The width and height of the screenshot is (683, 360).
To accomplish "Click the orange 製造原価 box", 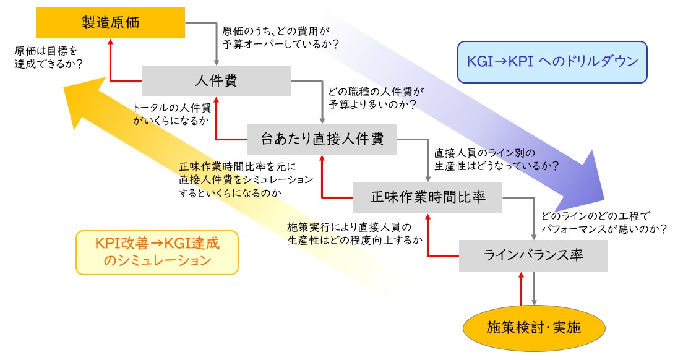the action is click(x=110, y=23).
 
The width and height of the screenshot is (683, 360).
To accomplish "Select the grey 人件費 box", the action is click(x=216, y=81).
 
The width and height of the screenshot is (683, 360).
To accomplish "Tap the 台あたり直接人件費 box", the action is click(x=322, y=139).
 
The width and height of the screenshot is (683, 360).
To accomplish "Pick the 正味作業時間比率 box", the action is click(x=427, y=198).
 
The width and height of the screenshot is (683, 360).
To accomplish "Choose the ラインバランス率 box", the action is click(x=533, y=255).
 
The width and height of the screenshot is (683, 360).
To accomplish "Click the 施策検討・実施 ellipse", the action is click(x=534, y=328).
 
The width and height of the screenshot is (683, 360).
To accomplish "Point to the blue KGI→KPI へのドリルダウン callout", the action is click(x=552, y=62).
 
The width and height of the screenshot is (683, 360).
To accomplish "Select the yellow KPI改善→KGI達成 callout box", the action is click(x=157, y=252).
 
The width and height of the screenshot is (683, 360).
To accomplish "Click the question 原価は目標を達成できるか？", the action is click(x=49, y=58).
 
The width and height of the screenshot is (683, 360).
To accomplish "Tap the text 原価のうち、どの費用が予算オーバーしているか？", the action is click(x=280, y=38).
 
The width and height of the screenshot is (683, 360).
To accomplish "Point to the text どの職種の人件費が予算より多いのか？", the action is click(x=376, y=98).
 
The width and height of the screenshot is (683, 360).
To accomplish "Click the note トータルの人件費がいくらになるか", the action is click(x=172, y=114).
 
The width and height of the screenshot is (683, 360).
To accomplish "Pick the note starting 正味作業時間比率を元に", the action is click(x=246, y=179).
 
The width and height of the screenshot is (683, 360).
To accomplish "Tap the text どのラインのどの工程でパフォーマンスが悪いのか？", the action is click(x=604, y=223).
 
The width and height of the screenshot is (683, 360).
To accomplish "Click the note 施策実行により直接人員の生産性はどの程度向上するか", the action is click(x=355, y=234).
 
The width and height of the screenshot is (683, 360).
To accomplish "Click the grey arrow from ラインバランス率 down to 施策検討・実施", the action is click(x=535, y=288).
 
